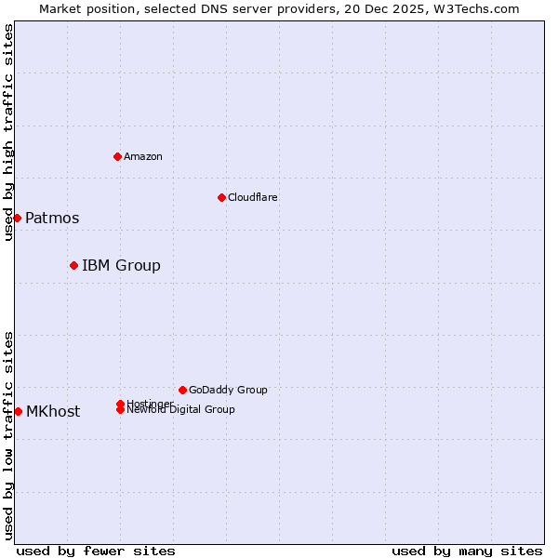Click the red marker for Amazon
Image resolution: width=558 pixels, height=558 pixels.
117,156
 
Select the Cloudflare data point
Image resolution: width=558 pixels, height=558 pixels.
221,197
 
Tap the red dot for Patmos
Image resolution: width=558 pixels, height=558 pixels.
17,218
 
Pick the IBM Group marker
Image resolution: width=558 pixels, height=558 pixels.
73,265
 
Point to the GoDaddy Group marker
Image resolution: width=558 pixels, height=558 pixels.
182,390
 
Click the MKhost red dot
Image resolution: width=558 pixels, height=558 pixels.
18,411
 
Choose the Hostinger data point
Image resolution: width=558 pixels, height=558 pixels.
121,404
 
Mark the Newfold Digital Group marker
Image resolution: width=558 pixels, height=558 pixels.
121,409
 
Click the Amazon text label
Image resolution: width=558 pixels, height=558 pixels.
143,156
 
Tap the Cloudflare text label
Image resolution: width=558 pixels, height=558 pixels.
253,197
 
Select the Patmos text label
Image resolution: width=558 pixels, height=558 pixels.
52,218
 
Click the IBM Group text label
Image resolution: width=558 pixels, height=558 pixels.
121,265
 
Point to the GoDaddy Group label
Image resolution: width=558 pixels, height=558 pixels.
228,390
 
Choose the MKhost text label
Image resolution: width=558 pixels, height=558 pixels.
53,411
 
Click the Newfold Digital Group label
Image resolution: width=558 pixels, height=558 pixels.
181,410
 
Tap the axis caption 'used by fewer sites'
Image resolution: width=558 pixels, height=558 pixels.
96,551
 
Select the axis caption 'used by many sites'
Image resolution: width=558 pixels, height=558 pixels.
467,551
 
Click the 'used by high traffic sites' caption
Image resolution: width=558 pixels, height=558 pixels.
8,132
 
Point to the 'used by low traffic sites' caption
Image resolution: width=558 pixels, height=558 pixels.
8,434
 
